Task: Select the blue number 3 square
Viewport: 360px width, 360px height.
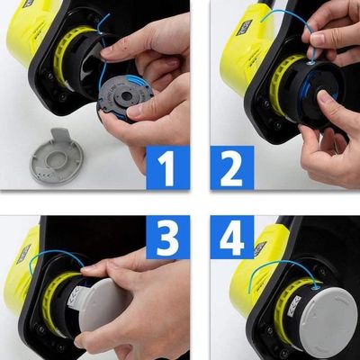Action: coord(167,238)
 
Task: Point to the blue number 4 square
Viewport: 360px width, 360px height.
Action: coord(233,238)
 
